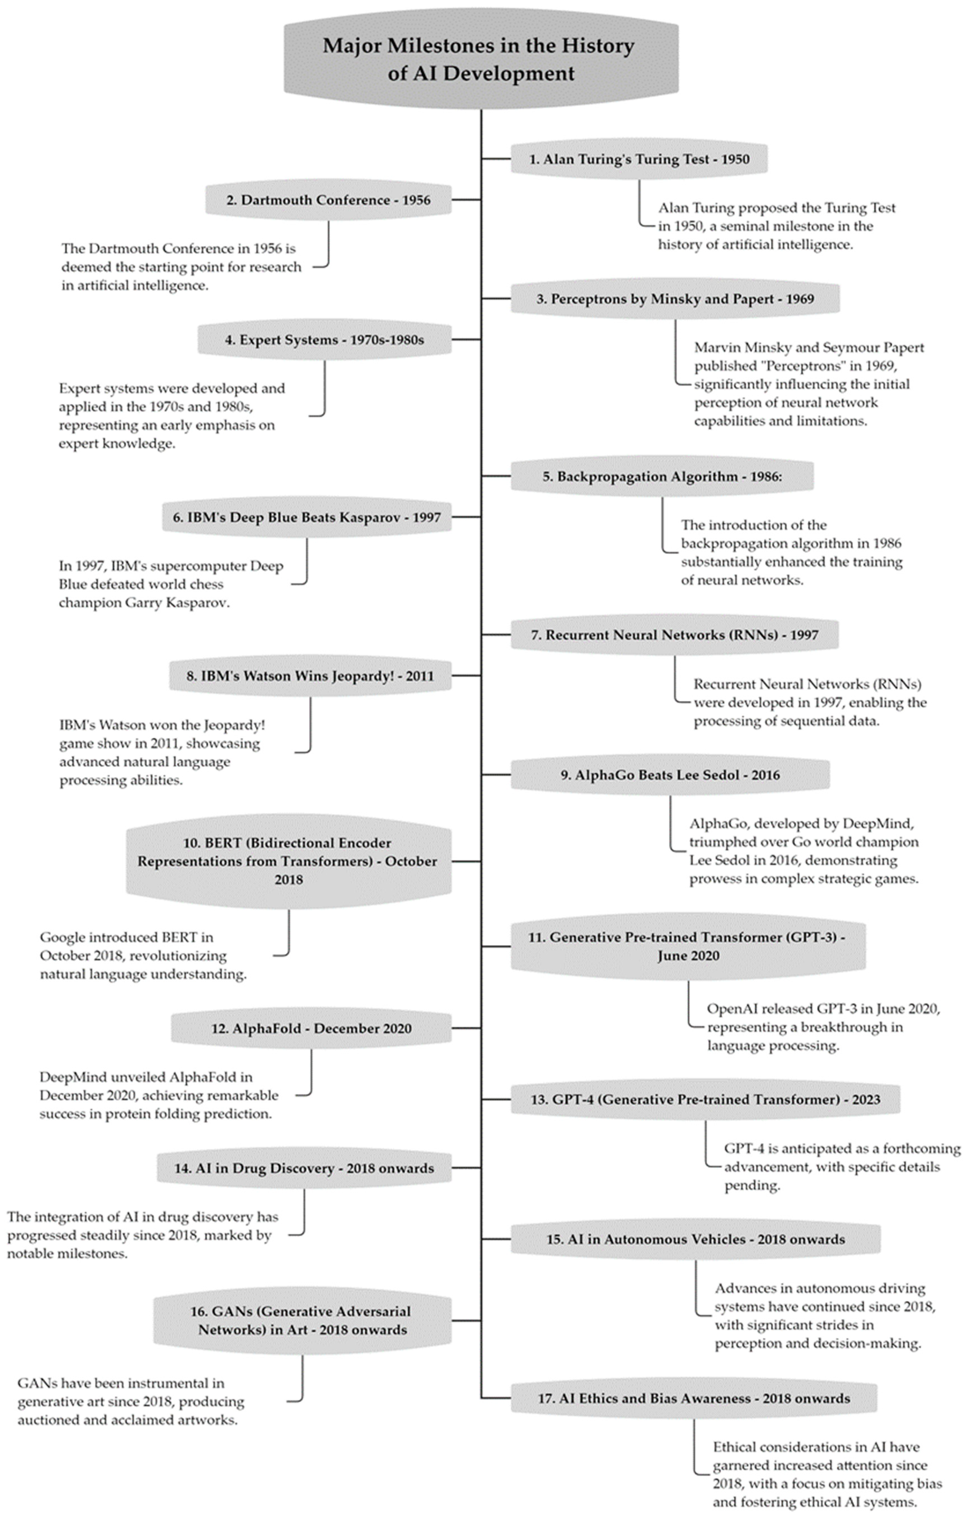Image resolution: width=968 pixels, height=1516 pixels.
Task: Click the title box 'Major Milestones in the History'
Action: pyautogui.click(x=481, y=59)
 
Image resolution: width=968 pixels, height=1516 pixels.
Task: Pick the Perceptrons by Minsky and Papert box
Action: pyautogui.click(x=675, y=299)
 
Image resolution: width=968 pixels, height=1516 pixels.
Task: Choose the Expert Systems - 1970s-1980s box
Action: pyautogui.click(x=324, y=340)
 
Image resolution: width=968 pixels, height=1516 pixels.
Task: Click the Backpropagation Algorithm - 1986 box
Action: pyautogui.click(x=662, y=476)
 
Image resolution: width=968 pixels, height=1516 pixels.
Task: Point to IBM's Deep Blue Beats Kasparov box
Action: pyautogui.click(x=307, y=518)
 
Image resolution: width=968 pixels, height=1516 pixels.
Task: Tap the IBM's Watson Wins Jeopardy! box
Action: pyautogui.click(x=310, y=676)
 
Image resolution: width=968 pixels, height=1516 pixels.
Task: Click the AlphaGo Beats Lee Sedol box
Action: pyautogui.click(x=669, y=775)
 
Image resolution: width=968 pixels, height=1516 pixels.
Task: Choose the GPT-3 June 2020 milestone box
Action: pyautogui.click(x=687, y=946)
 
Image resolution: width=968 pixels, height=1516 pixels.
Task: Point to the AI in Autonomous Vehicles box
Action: pyautogui.click(x=695, y=1240)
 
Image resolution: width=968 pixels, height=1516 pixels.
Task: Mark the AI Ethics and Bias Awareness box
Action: pyautogui.click(x=693, y=1398)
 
